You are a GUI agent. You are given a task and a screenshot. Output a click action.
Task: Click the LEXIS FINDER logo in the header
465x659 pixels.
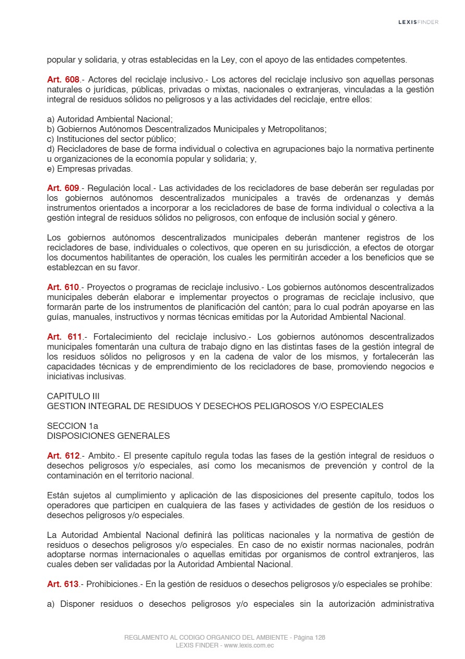(x=418, y=22)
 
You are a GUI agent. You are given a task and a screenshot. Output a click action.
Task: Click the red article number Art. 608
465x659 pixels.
(x=63, y=80)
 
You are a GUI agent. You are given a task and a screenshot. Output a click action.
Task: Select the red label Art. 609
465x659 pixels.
(x=63, y=188)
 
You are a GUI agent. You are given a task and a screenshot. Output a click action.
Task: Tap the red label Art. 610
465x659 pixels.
(x=63, y=287)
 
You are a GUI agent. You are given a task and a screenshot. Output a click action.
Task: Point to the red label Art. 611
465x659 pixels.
(x=64, y=337)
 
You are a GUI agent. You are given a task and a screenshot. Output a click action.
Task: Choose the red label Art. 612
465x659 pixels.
(x=63, y=456)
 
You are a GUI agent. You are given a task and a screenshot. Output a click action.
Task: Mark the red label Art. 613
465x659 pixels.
(x=63, y=584)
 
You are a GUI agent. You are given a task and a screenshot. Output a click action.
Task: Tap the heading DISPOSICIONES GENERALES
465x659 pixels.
(x=108, y=436)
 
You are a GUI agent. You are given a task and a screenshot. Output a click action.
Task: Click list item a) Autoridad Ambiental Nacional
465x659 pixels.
(x=109, y=119)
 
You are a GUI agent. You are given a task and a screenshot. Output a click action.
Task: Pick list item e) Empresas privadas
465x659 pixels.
(x=90, y=169)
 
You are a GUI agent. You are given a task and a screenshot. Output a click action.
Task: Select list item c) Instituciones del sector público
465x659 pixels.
(x=111, y=139)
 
